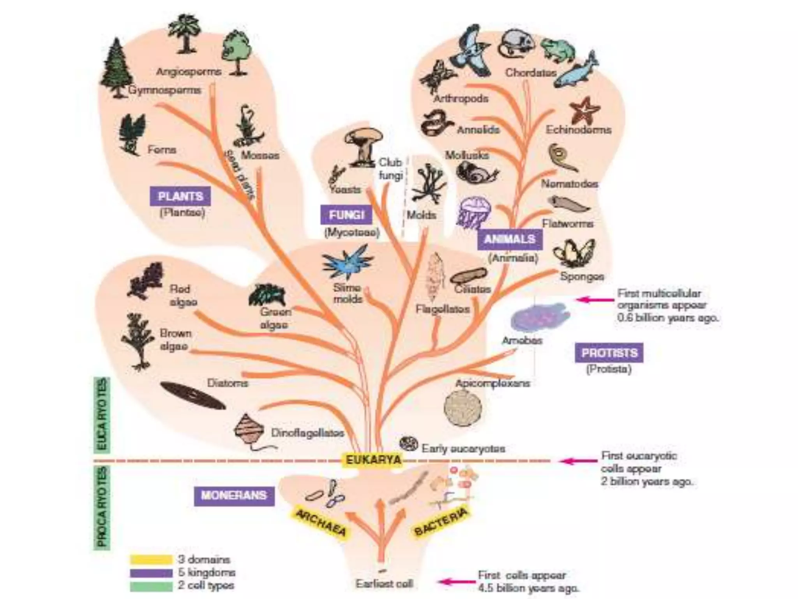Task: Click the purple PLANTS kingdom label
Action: tap(180, 196)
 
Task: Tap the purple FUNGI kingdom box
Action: tap(346, 215)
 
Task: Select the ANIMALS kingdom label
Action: tap(510, 239)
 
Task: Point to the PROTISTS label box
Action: tap(609, 353)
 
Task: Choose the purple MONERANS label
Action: tap(234, 495)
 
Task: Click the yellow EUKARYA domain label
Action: tap(373, 460)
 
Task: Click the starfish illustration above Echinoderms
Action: tap(584, 111)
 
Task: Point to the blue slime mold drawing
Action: tap(347, 262)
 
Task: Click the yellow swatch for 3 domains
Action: tap(151, 560)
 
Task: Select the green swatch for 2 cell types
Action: tap(151, 586)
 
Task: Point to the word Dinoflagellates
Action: tap(307, 433)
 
